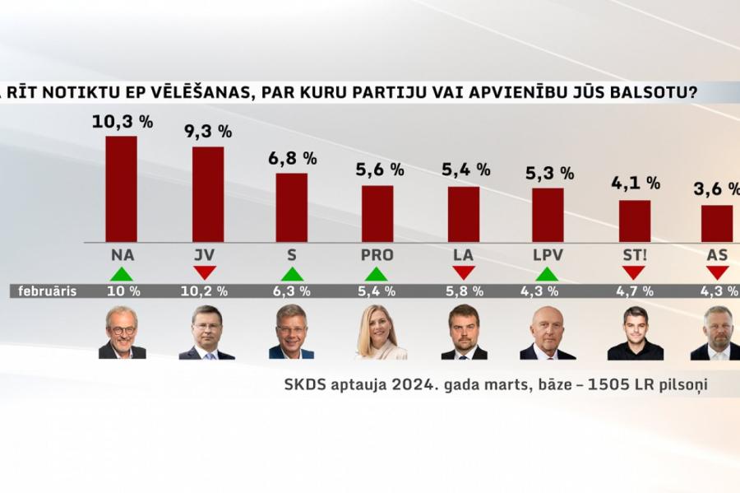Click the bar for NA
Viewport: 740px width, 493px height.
pyautogui.click(x=122, y=188)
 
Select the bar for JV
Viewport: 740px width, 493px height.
pyautogui.click(x=208, y=194)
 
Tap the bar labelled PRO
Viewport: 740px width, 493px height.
pyautogui.click(x=377, y=213)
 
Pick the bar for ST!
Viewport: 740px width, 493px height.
pyautogui.click(x=634, y=221)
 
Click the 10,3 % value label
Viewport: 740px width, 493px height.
pyautogui.click(x=123, y=122)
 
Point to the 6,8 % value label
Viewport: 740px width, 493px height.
pyautogui.click(x=291, y=158)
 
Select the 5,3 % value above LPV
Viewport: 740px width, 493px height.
pyautogui.click(x=548, y=173)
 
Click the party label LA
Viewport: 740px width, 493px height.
pyautogui.click(x=463, y=255)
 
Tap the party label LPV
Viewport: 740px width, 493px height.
pyautogui.click(x=548, y=255)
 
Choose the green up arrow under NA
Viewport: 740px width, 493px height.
pyautogui.click(x=122, y=273)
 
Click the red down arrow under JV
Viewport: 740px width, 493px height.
pyautogui.click(x=206, y=272)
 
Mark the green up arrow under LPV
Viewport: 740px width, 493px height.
pyautogui.click(x=548, y=273)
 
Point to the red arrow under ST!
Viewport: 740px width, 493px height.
pyautogui.click(x=633, y=272)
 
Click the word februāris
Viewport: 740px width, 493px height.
pyautogui.click(x=47, y=291)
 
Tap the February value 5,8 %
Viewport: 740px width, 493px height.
pyautogui.click(x=463, y=291)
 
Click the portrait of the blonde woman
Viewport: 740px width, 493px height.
pyautogui.click(x=380, y=333)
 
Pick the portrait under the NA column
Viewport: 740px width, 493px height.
pyautogui.click(x=122, y=333)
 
